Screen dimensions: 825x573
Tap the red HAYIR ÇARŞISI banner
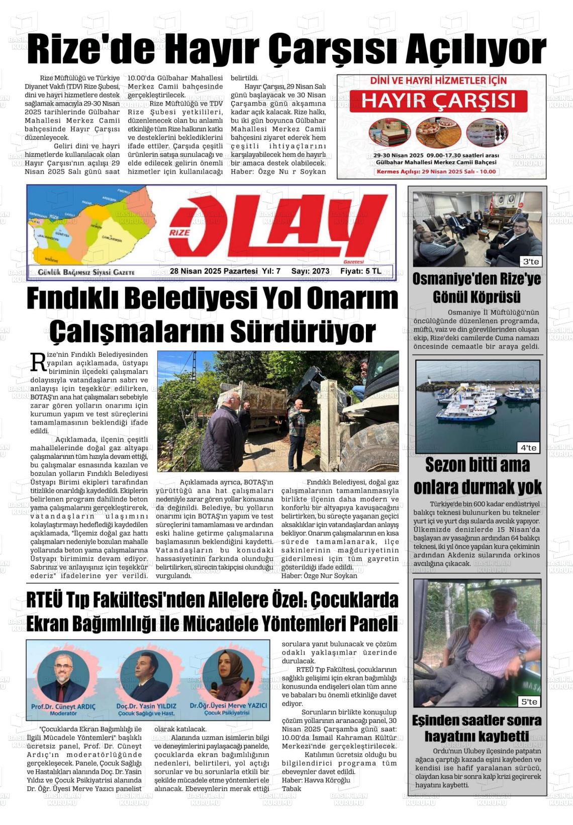[438, 101]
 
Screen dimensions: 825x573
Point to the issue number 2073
[320, 271]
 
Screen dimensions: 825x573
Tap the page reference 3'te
[531, 262]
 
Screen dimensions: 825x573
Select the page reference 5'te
[529, 701]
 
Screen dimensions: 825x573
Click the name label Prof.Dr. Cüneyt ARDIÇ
[63, 706]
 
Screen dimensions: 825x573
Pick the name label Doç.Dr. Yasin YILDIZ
[146, 706]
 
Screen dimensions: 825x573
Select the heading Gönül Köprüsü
[476, 297]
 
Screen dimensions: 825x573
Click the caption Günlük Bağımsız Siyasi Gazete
[86, 272]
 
